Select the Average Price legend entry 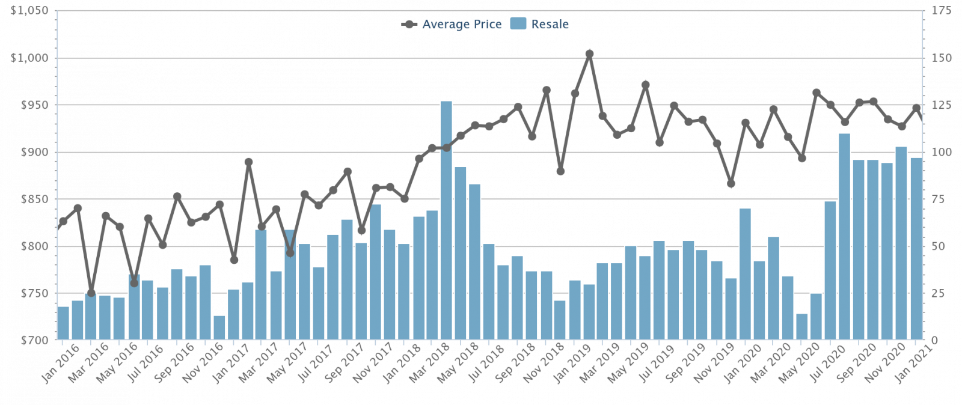click(452, 24)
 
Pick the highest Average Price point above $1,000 click(589, 54)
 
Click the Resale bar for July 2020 click(830, 270)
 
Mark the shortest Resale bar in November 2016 click(219, 328)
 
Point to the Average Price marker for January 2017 click(234, 260)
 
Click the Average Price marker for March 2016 click(91, 293)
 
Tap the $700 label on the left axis click(30, 341)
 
